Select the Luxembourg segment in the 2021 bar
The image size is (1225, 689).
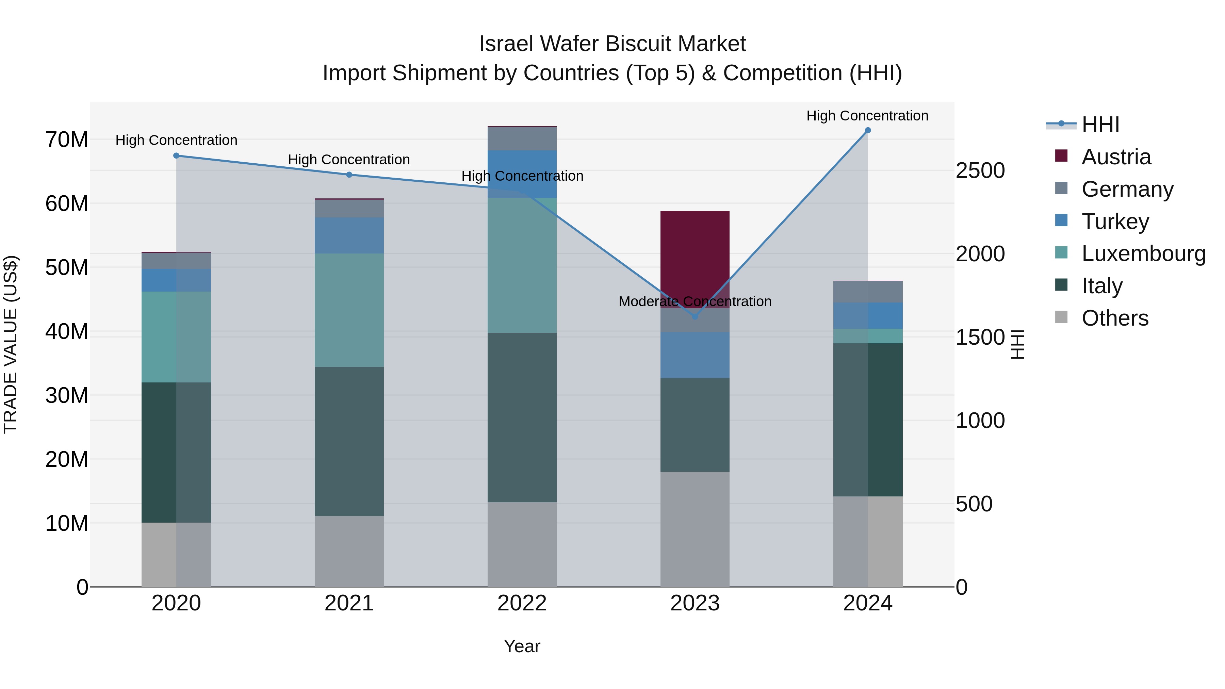349,310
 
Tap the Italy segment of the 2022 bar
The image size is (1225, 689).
522,417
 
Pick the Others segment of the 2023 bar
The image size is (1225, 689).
695,529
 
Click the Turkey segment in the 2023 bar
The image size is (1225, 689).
695,355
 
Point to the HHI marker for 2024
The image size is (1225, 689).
867,130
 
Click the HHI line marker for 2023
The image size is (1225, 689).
695,316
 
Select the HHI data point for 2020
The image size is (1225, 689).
176,155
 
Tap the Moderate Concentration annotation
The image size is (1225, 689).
695,301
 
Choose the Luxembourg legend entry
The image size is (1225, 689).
1143,253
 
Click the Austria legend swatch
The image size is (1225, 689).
1061,156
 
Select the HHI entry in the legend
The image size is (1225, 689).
1100,125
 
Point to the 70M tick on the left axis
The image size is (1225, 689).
67,140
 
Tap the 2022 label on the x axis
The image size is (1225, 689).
522,603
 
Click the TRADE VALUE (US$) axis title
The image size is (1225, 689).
11,344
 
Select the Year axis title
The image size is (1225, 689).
522,646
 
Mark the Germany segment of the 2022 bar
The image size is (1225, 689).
522,138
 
